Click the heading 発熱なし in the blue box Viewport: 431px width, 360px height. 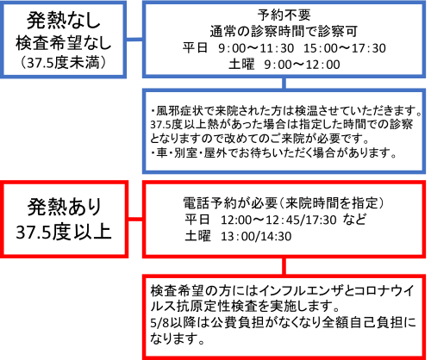click(x=63, y=21)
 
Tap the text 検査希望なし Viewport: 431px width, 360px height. click(x=63, y=43)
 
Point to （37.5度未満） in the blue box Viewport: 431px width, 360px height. click(x=63, y=63)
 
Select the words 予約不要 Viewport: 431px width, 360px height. click(x=284, y=15)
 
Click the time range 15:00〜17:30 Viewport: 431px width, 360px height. click(x=345, y=48)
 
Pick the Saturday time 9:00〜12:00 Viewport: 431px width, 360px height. click(x=302, y=65)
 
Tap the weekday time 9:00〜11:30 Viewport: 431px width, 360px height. click(x=256, y=48)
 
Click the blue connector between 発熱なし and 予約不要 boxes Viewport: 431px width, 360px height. click(x=134, y=40)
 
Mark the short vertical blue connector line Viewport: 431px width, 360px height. click(x=284, y=84)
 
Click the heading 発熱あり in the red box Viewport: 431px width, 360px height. click(x=65, y=207)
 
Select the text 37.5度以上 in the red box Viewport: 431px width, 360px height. click(x=64, y=232)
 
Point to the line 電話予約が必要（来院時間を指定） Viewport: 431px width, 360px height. click(x=284, y=203)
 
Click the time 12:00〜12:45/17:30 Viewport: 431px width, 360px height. click(x=278, y=220)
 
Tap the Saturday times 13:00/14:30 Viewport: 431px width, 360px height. click(x=256, y=237)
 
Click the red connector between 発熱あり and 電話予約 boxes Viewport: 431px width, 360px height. click(x=135, y=219)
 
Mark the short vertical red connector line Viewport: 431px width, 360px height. click(x=284, y=266)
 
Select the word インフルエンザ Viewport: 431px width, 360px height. click(x=302, y=291)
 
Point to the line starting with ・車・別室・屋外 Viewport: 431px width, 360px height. click(x=274, y=153)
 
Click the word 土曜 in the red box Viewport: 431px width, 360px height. click(x=197, y=237)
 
